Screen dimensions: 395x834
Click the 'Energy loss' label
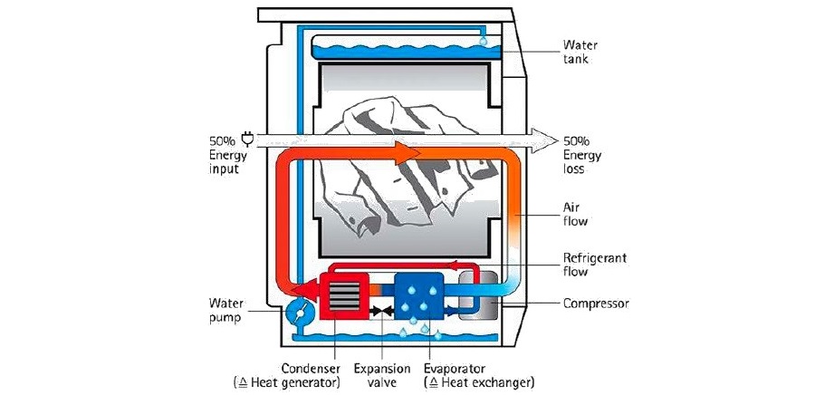tap(579, 162)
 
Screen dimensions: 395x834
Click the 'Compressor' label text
tap(596, 303)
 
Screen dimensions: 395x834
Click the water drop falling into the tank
tap(484, 41)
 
